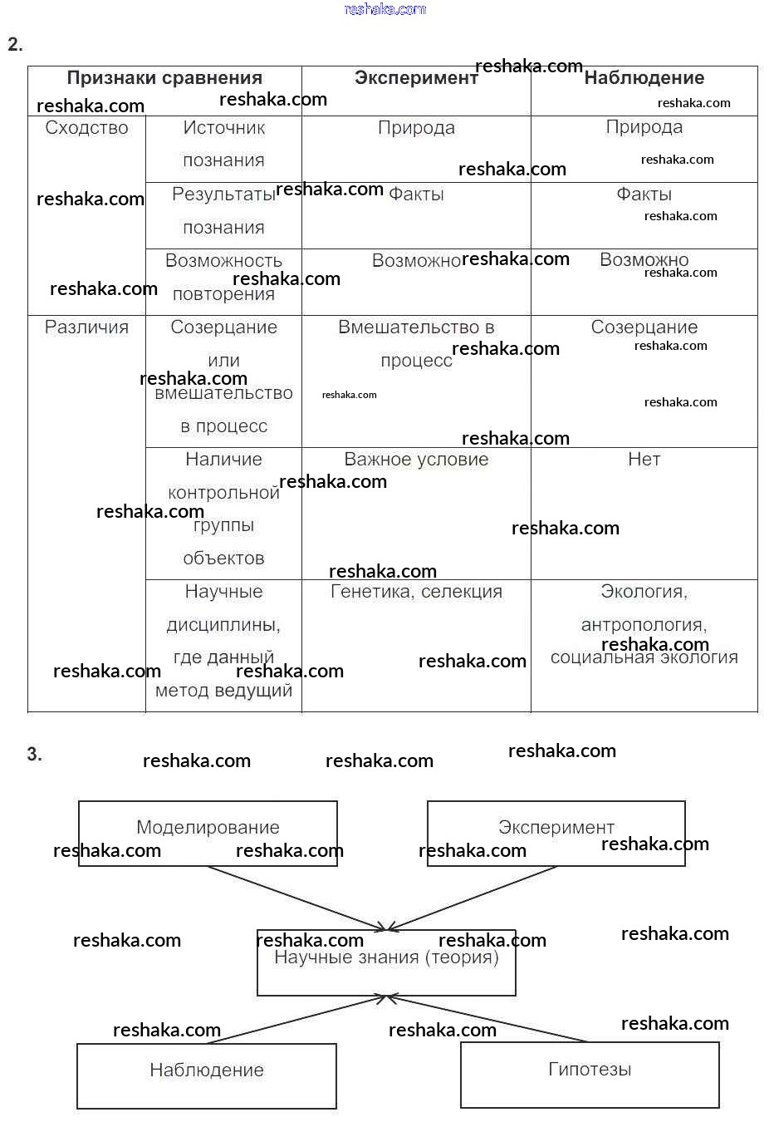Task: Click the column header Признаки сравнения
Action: [x=164, y=78]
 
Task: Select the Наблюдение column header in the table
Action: [x=644, y=78]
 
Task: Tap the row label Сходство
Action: [x=86, y=128]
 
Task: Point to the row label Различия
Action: [x=86, y=327]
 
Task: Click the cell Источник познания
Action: [x=223, y=144]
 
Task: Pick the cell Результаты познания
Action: [x=223, y=211]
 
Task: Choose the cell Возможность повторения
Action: [x=223, y=278]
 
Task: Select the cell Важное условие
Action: [x=416, y=460]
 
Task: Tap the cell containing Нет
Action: [x=644, y=460]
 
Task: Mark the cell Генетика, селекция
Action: [x=416, y=592]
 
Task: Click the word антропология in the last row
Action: [x=644, y=624]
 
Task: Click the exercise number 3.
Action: [x=34, y=755]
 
